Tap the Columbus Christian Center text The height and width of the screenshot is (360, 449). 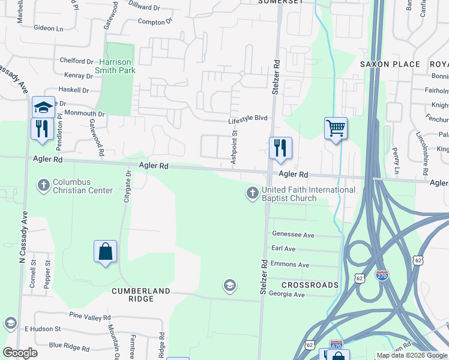[x=83, y=186]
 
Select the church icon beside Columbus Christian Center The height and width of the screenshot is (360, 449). [x=43, y=185]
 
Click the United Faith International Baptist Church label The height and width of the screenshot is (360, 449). [x=309, y=194]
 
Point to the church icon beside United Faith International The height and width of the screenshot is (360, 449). [x=252, y=193]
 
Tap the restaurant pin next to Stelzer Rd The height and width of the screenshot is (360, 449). [x=280, y=148]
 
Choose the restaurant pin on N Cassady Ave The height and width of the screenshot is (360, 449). [x=42, y=130]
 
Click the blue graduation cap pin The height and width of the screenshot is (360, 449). [x=43, y=107]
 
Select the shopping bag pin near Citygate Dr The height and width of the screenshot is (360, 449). [x=105, y=251]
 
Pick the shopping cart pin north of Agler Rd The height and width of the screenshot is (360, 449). [x=336, y=128]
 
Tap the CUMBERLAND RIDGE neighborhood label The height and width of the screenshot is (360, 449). [x=141, y=291]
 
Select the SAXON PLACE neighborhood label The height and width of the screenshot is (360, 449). [x=390, y=64]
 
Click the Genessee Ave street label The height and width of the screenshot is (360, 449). [x=294, y=235]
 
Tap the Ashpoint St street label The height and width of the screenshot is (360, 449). [x=235, y=147]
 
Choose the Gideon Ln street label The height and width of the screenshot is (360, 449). [x=49, y=28]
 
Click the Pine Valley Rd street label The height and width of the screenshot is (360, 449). [x=90, y=317]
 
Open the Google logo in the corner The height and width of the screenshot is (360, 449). [x=20, y=353]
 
